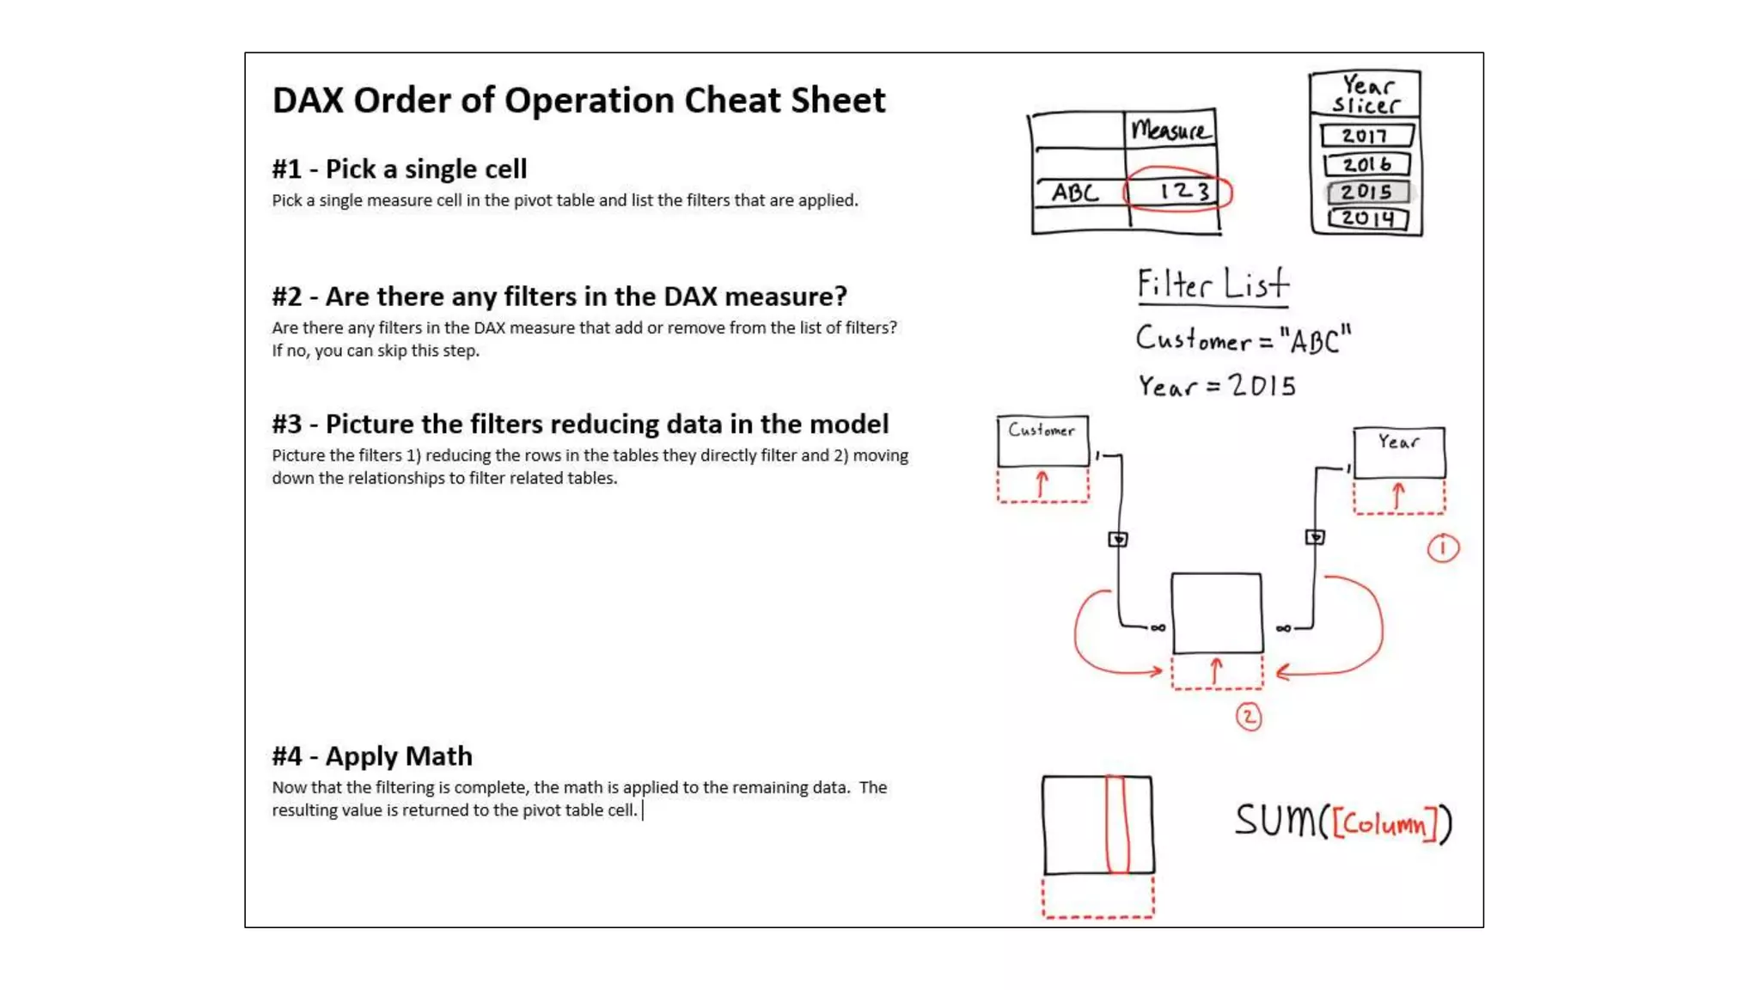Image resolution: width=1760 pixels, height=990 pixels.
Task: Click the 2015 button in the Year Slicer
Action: point(1367,192)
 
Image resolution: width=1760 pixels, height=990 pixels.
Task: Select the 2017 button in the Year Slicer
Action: point(1366,136)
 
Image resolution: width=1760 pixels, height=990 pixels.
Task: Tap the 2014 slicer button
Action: point(1367,218)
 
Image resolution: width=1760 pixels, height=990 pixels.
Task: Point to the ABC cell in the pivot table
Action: point(1076,192)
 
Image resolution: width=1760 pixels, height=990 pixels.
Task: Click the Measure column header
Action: point(1170,131)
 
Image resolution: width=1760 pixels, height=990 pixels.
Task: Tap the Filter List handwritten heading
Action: point(1213,284)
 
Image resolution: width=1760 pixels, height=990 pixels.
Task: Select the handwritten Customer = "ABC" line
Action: point(1243,339)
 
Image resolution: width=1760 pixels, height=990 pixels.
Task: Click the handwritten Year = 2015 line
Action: point(1217,386)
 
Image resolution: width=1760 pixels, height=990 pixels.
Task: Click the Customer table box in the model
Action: point(1042,440)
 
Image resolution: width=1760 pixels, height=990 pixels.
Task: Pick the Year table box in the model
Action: point(1398,451)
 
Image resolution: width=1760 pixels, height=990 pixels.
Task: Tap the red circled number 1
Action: point(1443,548)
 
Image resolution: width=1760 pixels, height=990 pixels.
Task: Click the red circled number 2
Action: point(1249,717)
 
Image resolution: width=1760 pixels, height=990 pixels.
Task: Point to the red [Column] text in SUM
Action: point(1384,824)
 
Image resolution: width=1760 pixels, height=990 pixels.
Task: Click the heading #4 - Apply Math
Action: point(372,756)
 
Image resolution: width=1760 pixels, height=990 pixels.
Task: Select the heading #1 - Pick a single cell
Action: point(400,169)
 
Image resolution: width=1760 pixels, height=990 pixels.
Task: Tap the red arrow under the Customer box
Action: point(1042,485)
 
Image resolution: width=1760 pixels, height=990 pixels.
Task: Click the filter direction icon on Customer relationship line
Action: point(1117,540)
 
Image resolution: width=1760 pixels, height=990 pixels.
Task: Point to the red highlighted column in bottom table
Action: point(1115,825)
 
